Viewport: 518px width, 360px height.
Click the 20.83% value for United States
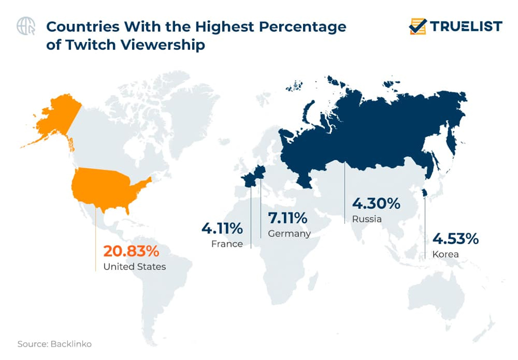[x=131, y=251]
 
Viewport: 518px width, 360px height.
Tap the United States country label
[x=134, y=266]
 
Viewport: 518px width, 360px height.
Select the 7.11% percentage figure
[x=287, y=218]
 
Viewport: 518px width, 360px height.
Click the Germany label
[x=289, y=234]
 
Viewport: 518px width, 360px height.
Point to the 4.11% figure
[x=222, y=229]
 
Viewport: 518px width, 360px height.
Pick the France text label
[x=227, y=244]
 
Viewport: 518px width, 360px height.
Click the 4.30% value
[x=376, y=204]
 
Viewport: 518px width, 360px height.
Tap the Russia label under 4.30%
[x=367, y=219]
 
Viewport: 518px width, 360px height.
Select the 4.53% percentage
[x=455, y=238]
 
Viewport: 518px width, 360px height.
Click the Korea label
[x=445, y=254]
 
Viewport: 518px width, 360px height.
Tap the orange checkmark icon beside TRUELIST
[x=418, y=26]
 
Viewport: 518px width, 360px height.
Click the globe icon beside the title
[x=26, y=26]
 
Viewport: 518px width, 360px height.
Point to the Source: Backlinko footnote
[x=54, y=344]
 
